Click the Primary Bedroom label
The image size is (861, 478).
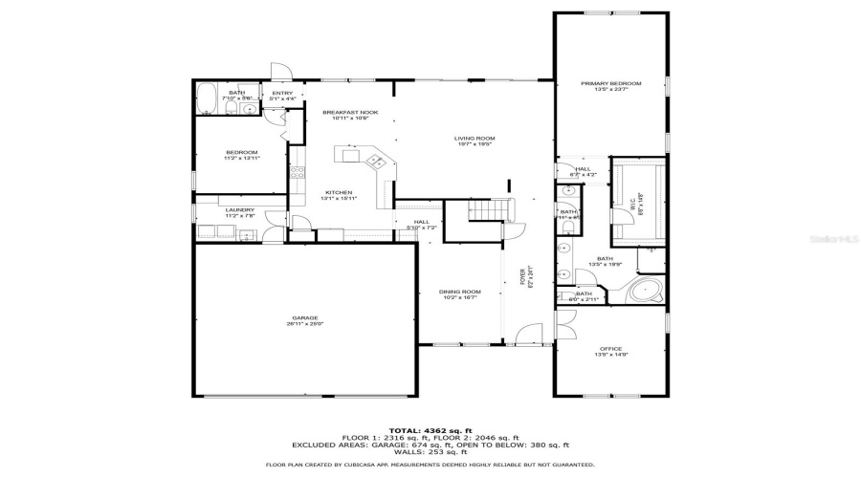[610, 84]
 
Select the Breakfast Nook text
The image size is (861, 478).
[349, 112]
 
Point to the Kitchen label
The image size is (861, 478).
[338, 192]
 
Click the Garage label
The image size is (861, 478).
[305, 317]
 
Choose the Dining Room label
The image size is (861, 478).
[459, 292]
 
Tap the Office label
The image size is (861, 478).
[610, 348]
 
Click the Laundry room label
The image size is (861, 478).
[239, 209]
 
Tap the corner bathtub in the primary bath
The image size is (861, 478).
[648, 290]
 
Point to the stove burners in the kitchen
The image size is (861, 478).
[297, 173]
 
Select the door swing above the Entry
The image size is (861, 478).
[280, 72]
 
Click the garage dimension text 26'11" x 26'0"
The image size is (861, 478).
[305, 324]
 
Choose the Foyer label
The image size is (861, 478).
[522, 275]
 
